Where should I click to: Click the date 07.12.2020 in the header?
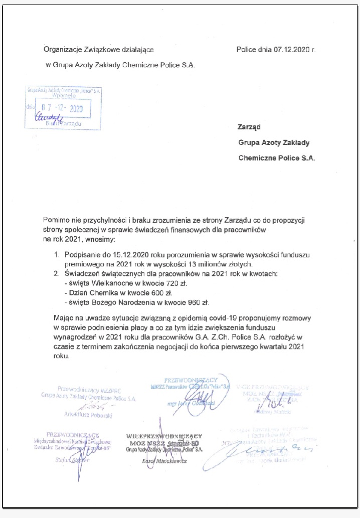coord(292,50)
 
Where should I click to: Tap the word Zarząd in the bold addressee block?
coord(250,127)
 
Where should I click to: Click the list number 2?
coord(56,274)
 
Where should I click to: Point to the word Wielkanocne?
coord(105,283)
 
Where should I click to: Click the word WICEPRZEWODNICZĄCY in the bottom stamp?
coord(164,436)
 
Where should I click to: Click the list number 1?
coord(56,255)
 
